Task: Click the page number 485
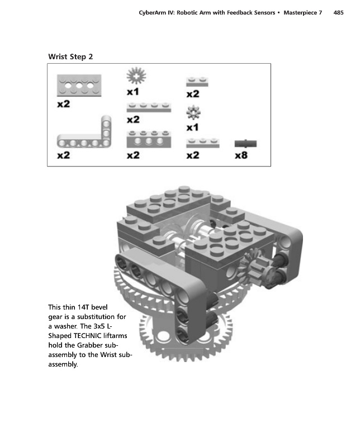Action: (x=338, y=12)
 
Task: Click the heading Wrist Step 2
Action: (x=70, y=56)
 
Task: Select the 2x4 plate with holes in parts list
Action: (x=79, y=85)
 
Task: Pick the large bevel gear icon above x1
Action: (x=136, y=76)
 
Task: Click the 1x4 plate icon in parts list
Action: (x=149, y=107)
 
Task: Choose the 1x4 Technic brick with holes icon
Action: (x=149, y=139)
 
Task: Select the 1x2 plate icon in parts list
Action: (x=197, y=82)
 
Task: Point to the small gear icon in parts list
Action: (x=193, y=113)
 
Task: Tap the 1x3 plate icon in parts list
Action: (x=203, y=143)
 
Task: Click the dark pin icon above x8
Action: (x=245, y=144)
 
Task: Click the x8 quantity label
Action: (x=241, y=155)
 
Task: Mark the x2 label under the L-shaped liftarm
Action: (x=63, y=155)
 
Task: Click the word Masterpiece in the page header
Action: (x=300, y=12)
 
